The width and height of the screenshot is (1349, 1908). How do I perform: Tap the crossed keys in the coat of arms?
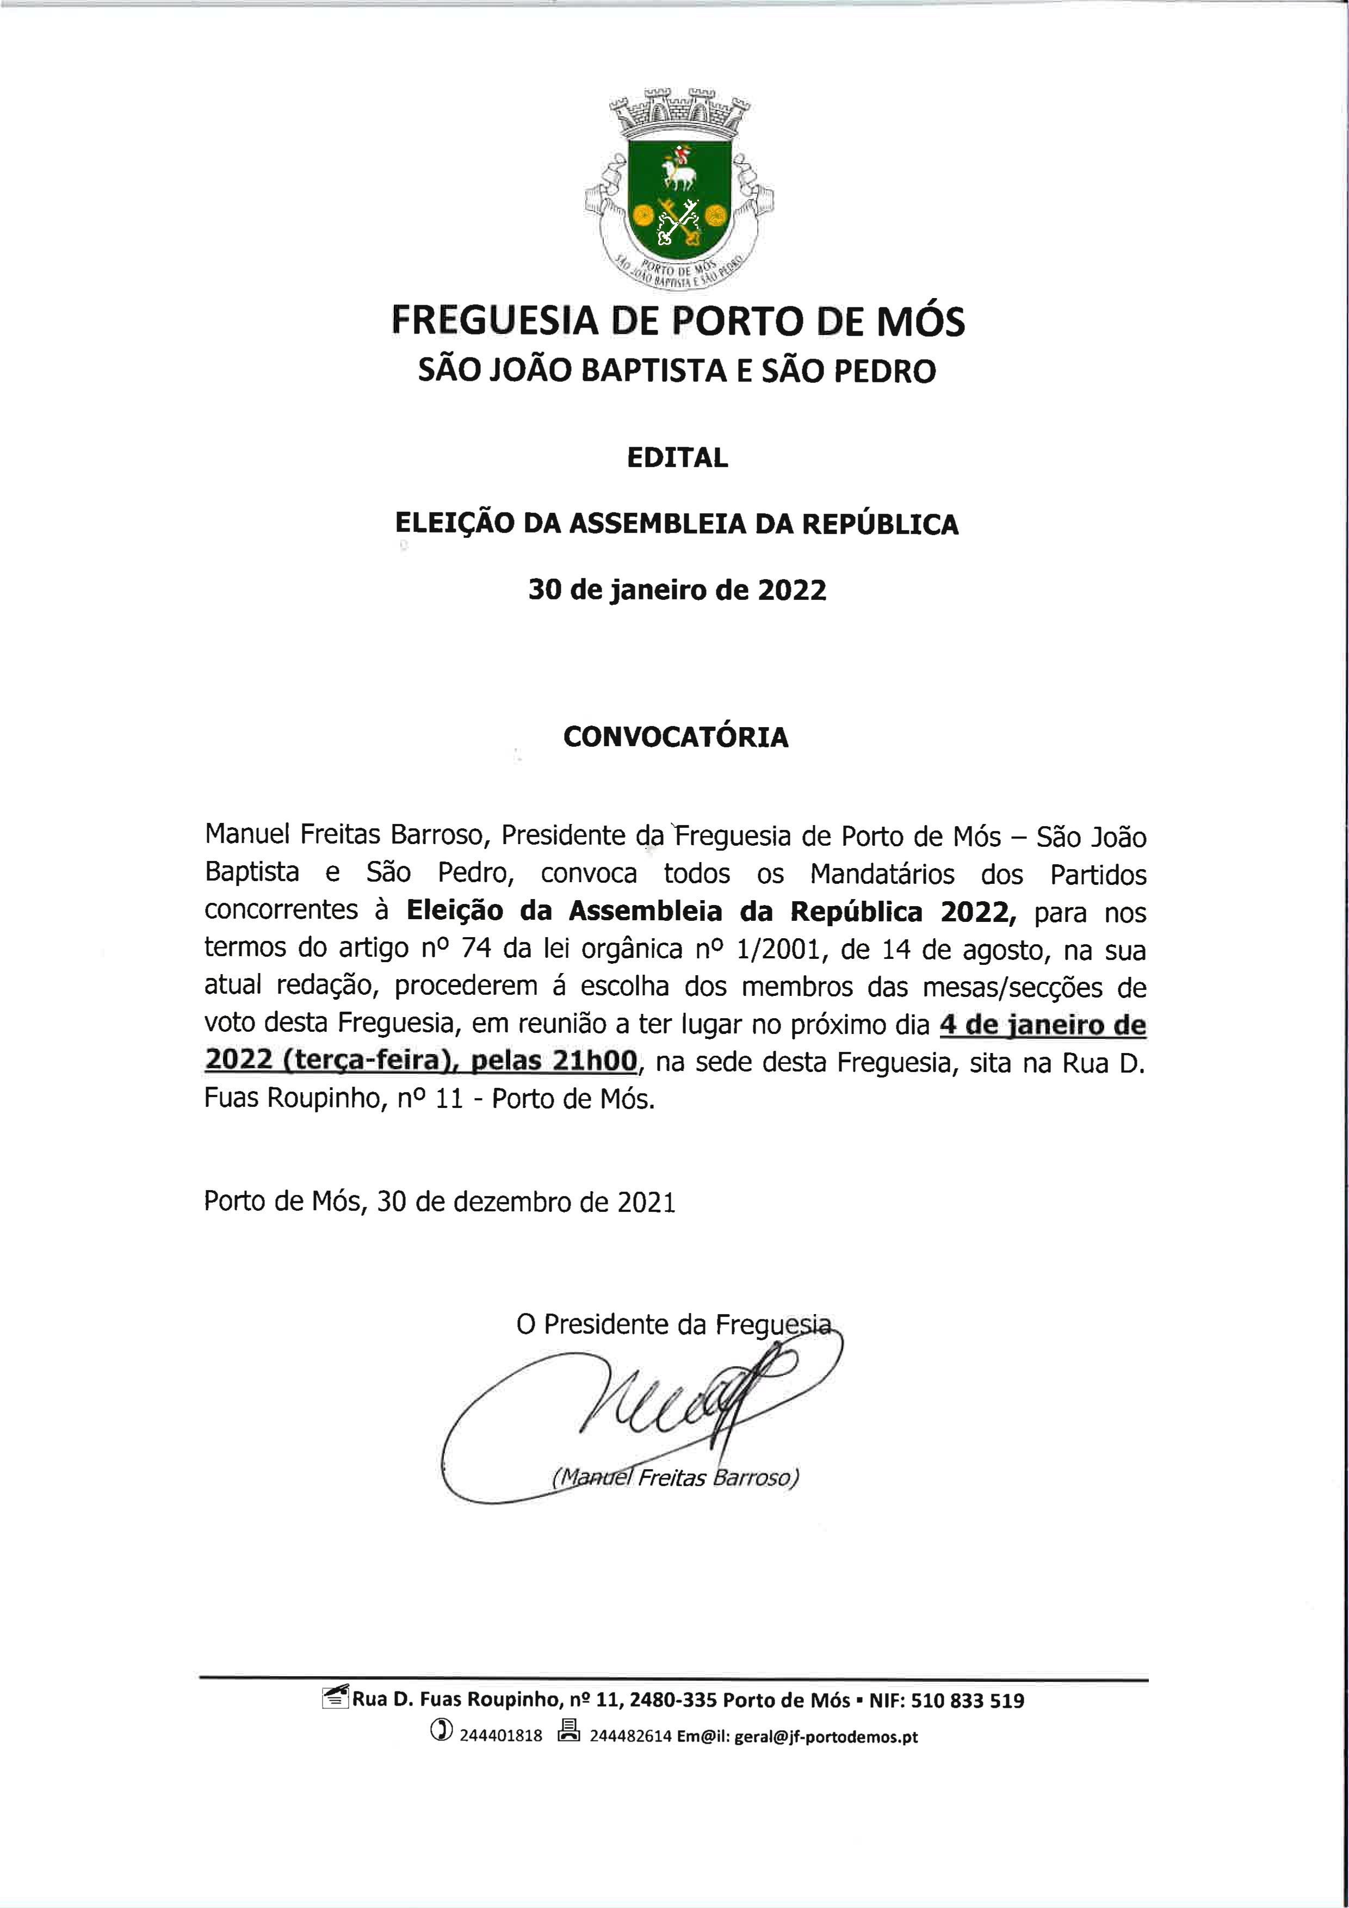point(677,222)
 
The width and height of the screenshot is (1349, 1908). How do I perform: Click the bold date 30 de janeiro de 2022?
point(677,590)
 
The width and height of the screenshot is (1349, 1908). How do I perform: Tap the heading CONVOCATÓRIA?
point(675,737)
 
